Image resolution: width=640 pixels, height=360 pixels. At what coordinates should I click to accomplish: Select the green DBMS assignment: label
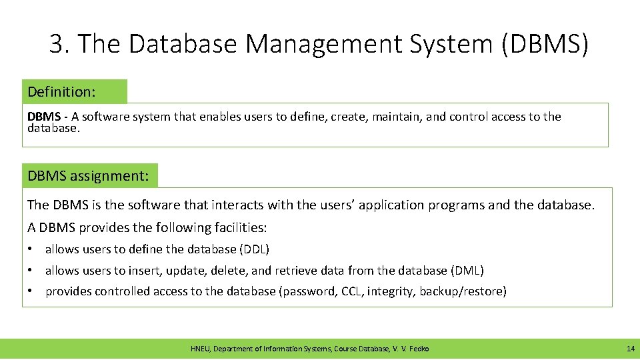point(90,176)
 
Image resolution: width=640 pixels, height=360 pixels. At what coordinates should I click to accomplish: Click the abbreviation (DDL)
point(254,249)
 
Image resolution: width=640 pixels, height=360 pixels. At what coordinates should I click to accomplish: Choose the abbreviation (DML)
point(467,271)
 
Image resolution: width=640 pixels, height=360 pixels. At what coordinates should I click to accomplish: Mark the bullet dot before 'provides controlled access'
point(31,291)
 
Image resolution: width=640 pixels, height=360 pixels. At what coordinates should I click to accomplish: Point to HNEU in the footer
point(200,349)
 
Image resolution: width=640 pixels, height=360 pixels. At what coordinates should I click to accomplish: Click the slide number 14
point(630,349)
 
